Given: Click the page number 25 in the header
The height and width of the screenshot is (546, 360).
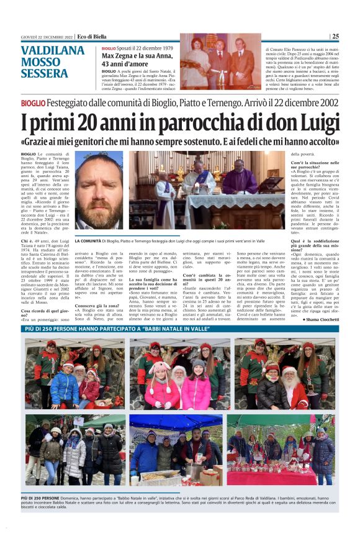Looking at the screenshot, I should point(335,36).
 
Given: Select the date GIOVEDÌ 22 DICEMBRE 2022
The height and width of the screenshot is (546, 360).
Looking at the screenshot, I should point(38,36).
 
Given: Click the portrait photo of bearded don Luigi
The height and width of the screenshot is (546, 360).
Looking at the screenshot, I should point(99,189).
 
